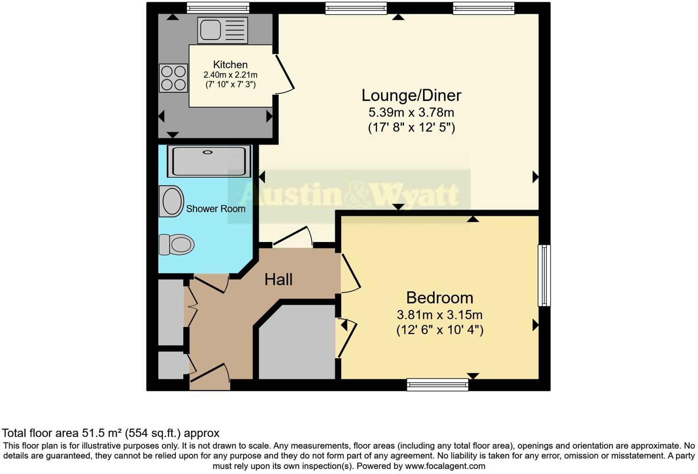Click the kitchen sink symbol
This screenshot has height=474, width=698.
click(x=222, y=30)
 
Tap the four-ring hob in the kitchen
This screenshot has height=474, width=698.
click(x=174, y=78)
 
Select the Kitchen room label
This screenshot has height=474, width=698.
click(x=230, y=65)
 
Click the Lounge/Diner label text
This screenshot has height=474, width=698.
click(x=411, y=95)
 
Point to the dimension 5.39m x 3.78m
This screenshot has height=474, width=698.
click(x=411, y=112)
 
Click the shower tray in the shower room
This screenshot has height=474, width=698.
click(x=209, y=161)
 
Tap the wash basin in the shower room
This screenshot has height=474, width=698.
click(x=171, y=201)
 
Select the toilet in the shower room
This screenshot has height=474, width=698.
click(x=176, y=244)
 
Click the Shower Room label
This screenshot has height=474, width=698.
click(x=215, y=209)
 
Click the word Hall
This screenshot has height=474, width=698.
click(x=278, y=279)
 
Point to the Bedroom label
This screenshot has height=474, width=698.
click(x=439, y=298)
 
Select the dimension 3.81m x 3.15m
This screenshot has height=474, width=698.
click(x=439, y=315)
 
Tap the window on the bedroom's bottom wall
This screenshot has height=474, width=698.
click(x=437, y=384)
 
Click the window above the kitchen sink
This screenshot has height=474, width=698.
click(x=218, y=8)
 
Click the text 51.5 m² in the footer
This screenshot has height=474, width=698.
click(x=102, y=433)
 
